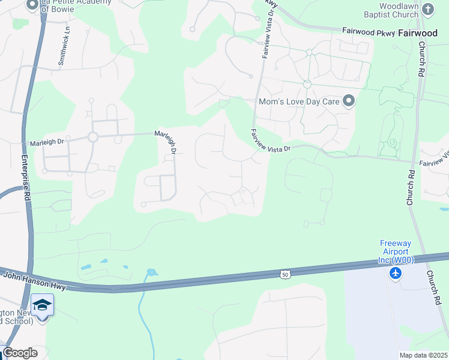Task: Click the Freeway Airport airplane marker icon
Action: pyautogui.click(x=395, y=274)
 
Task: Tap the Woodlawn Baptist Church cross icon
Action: pyautogui.click(x=427, y=9)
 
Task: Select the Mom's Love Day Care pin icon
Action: pyautogui.click(x=348, y=101)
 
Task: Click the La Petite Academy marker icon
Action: pyautogui.click(x=32, y=5)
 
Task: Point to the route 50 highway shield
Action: pyautogui.click(x=285, y=274)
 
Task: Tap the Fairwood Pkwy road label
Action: pyautogui.click(x=369, y=31)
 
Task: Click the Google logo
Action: pyautogui.click(x=19, y=352)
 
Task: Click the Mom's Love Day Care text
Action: pyautogui.click(x=299, y=101)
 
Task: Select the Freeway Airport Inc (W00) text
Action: pyautogui.click(x=395, y=252)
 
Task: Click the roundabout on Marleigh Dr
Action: pyautogui.click(x=92, y=137)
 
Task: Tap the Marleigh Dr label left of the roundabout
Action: pyautogui.click(x=47, y=143)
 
